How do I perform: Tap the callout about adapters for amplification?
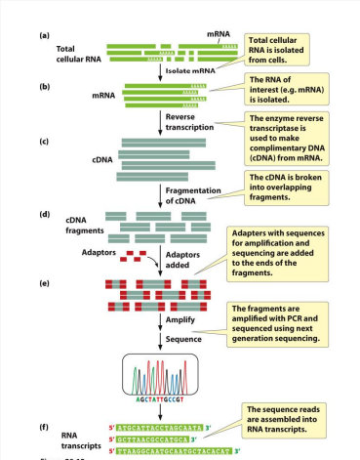coord(291,255)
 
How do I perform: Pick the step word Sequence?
coord(181,339)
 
